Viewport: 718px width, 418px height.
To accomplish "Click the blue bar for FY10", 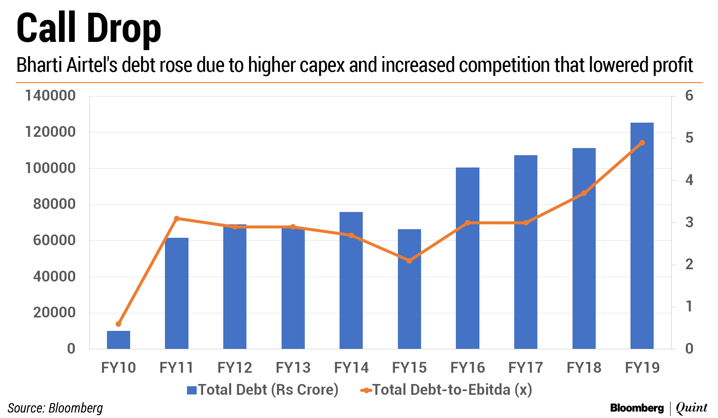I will [119, 339].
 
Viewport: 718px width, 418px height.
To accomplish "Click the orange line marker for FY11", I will [177, 218].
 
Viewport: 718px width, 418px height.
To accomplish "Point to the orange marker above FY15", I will [409, 261].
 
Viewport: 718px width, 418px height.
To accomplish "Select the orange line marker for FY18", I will [584, 193].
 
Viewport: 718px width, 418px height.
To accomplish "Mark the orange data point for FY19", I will [642, 143].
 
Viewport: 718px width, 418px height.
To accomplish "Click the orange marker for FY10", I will [119, 324].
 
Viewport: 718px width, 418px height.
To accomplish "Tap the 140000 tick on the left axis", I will [50, 96].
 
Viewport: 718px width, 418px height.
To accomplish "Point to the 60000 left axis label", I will [54, 240].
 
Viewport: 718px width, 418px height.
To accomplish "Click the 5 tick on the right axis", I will [689, 138].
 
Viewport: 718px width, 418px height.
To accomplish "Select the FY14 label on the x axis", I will [351, 368].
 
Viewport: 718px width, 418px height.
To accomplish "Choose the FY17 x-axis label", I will [525, 368].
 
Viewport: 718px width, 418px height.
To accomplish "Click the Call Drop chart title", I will [89, 28].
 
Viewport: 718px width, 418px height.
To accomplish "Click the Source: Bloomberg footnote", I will [55, 408].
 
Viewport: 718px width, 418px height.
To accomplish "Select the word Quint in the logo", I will [692, 408].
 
